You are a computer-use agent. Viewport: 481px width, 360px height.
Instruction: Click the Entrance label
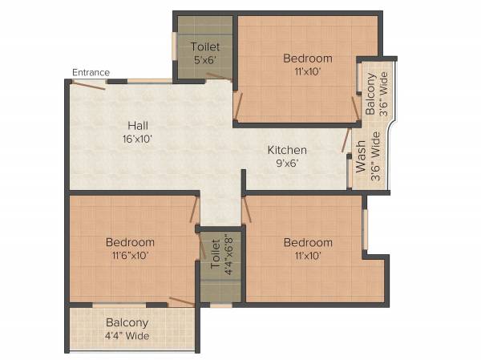click(x=91, y=73)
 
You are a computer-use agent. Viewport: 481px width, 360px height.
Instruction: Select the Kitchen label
click(x=287, y=150)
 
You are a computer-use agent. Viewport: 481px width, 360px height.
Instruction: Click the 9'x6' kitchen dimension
click(x=287, y=163)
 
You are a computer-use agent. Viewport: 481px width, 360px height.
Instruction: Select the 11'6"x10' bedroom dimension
click(x=130, y=256)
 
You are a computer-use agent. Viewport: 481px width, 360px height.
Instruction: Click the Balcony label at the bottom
click(x=127, y=322)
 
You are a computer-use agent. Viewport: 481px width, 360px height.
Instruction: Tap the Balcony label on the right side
click(x=370, y=95)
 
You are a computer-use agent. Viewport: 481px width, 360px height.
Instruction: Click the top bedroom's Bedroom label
click(x=308, y=59)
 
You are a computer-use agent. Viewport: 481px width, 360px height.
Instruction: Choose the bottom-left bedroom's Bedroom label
click(x=130, y=242)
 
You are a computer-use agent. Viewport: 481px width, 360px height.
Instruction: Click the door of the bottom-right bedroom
click(x=249, y=211)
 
